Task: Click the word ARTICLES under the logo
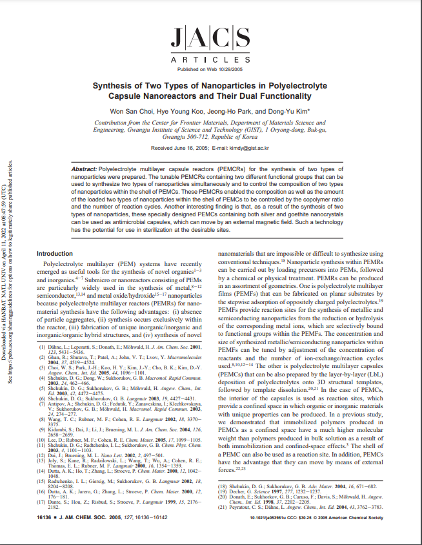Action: (x=211, y=59)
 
